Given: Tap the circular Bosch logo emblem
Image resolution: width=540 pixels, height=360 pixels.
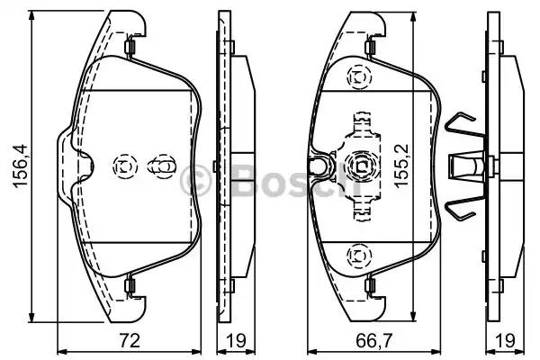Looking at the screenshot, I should pyautogui.click(x=193, y=177).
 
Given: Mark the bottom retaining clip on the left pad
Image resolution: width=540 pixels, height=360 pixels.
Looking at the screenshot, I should pyautogui.click(x=130, y=286).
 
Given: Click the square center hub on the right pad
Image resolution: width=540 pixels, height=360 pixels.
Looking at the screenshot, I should pyautogui.click(x=360, y=166).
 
